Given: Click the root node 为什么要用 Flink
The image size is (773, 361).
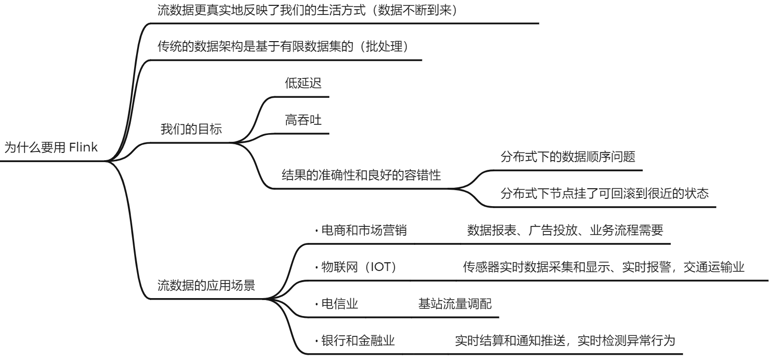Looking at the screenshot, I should click(51, 148).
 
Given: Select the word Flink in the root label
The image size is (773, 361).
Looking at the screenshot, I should click(83, 148).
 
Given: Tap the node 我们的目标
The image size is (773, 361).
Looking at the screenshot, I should click(191, 129).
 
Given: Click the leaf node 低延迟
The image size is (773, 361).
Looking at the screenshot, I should click(303, 83).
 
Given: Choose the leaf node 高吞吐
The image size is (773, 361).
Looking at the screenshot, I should click(303, 120).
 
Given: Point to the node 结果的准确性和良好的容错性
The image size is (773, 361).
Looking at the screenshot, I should click(361, 175).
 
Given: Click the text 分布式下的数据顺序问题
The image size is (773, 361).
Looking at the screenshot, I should click(568, 157).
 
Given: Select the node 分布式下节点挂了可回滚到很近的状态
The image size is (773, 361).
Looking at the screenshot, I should click(604, 194).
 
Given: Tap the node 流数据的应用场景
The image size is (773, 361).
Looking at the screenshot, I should click(206, 285).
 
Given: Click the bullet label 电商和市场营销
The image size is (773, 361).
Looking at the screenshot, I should click(364, 230).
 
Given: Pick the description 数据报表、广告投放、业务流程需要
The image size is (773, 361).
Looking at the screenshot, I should click(565, 230).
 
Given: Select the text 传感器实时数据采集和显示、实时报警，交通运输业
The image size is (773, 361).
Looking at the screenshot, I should click(603, 267).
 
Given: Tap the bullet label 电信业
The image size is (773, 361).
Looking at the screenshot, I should click(340, 304).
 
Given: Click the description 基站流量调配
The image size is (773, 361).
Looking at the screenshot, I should click(454, 304).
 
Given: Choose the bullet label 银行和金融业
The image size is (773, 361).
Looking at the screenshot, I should click(358, 341).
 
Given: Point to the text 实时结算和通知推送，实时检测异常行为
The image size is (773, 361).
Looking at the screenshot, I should click(565, 341).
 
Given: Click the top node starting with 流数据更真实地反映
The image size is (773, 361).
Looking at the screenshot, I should click(307, 10).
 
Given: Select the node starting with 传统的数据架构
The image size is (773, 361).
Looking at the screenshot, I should click(284, 47).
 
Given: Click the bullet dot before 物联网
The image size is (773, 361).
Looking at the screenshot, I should click(316, 268).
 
